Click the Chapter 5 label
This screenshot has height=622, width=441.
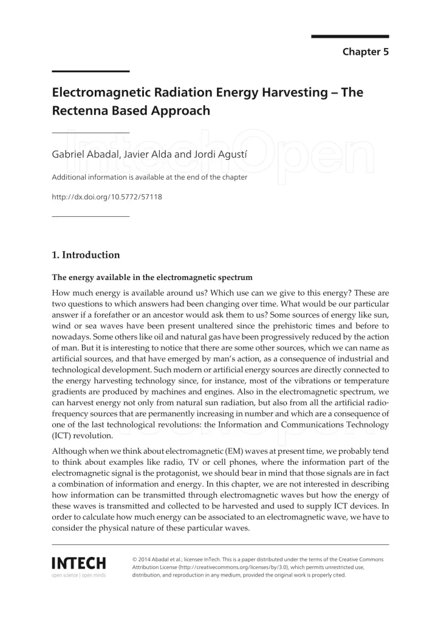point(365,52)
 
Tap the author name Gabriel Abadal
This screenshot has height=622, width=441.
point(82,154)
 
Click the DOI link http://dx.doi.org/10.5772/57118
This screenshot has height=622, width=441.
point(107,196)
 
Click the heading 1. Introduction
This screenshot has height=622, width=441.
point(86,255)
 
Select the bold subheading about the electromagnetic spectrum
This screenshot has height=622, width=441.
point(152,278)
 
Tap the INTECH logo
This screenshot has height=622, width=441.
point(79,563)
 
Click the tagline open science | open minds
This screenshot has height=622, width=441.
point(79,575)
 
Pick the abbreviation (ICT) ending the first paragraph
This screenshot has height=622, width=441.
point(64,436)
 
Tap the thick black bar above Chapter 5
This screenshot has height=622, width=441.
point(350,36)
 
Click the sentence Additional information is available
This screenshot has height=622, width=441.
point(149,177)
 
